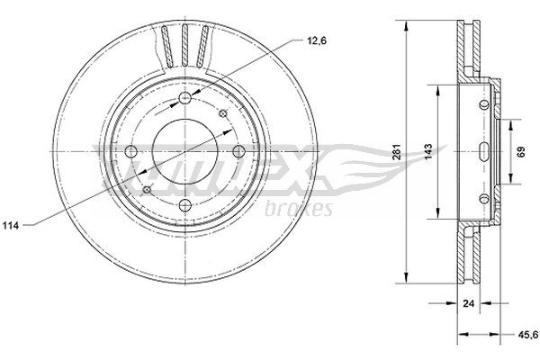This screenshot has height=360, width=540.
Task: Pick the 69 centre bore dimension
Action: [x=520, y=150]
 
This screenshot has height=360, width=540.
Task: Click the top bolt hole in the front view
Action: [x=184, y=99]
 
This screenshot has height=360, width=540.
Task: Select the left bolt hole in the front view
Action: [x=130, y=152]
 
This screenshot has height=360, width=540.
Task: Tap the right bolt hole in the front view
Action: [x=238, y=152]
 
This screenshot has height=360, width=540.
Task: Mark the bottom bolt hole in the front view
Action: [x=184, y=206]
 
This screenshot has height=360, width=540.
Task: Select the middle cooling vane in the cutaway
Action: [x=184, y=46]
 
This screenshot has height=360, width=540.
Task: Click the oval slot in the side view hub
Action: [x=484, y=150]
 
